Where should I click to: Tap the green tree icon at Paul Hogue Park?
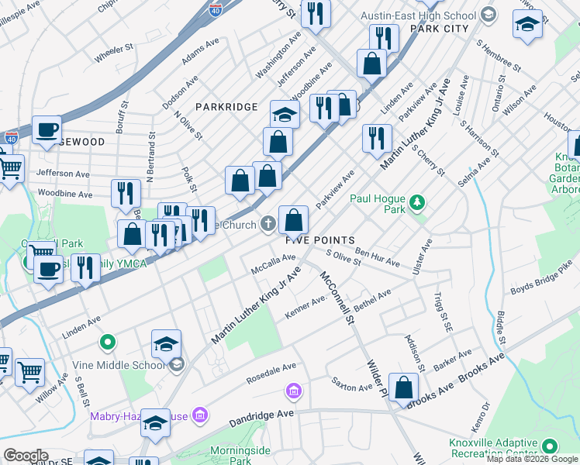[x=418, y=203]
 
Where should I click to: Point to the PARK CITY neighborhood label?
[x=440, y=28]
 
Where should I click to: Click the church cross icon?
[x=268, y=225]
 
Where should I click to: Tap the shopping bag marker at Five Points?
[x=294, y=221]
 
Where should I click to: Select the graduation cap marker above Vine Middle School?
[x=166, y=343]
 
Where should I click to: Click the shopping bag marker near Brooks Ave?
[x=404, y=387]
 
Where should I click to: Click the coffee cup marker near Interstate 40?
[x=47, y=129]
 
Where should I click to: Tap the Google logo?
[x=26, y=456]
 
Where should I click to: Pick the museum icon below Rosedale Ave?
[x=293, y=389]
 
